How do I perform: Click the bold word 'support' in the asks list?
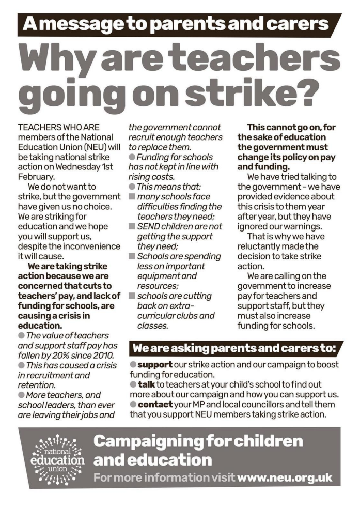154,364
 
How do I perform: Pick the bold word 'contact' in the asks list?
155,405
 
